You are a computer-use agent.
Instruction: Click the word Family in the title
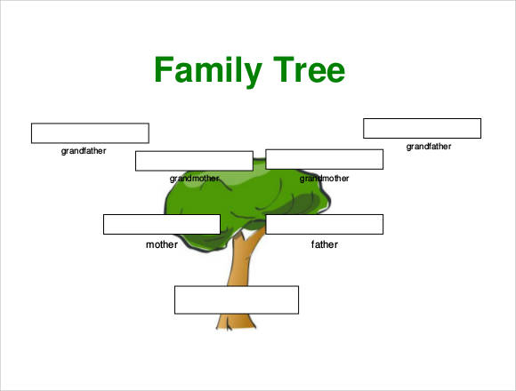point(208,71)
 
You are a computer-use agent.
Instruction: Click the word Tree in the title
point(309,69)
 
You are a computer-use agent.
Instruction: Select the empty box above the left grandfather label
point(90,133)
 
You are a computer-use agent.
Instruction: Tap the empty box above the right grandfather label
point(423,129)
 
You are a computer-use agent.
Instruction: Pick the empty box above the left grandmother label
point(194,161)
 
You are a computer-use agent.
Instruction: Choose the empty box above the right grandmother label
point(325,159)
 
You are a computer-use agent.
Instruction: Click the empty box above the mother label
point(162,225)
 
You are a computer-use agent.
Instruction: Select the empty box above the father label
point(325,225)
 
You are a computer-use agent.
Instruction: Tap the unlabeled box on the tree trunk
point(237,300)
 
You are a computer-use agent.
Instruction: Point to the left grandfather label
point(84,151)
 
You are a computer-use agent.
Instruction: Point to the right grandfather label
point(429,147)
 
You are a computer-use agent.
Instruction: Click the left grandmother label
point(194,179)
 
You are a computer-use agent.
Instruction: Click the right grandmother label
point(324,179)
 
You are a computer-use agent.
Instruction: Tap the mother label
point(162,244)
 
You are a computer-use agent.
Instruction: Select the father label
point(325,244)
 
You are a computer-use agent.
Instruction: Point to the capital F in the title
point(164,69)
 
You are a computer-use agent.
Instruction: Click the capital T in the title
point(284,69)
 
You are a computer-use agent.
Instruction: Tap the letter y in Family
point(253,76)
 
